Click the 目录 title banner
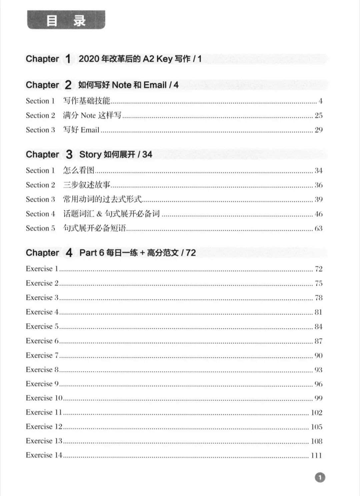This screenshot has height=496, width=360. [66, 20]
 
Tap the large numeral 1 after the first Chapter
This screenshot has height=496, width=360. [68, 59]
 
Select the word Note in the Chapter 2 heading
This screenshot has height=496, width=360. [122, 85]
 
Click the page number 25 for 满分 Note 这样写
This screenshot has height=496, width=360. [318, 115]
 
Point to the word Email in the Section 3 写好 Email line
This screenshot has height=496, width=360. [90, 130]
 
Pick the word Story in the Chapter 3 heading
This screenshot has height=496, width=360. [90, 154]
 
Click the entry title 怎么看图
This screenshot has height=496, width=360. [79, 170]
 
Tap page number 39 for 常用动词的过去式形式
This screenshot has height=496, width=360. [318, 199]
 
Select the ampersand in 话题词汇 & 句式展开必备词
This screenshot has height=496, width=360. [99, 214]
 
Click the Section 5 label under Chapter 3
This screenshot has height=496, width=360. [40, 228]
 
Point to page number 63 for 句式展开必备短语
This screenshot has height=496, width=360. [318, 228]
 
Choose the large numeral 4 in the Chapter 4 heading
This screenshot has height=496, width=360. [69, 253]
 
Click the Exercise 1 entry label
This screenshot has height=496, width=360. [42, 269]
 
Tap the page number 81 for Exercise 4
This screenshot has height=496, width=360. [318, 312]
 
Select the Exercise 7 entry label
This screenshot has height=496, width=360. [42, 355]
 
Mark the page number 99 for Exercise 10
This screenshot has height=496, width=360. [318, 398]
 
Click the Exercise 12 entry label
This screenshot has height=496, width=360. [44, 427]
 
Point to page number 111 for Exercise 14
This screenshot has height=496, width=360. [316, 455]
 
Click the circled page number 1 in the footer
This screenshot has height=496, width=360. [320, 477]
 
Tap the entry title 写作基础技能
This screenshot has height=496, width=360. [87, 101]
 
